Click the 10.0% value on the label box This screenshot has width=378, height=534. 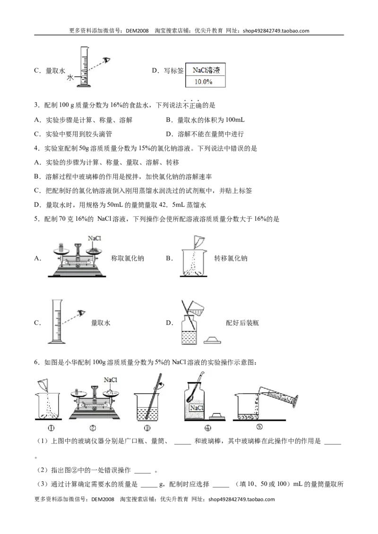[203, 82]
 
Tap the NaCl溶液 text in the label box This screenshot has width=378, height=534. [206, 70]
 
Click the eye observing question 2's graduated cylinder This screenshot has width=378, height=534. [107, 60]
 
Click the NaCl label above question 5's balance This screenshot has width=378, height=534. [94, 238]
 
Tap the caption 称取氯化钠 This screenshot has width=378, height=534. [128, 259]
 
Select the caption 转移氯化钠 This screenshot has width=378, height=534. [231, 259]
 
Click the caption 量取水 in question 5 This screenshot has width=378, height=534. [101, 323]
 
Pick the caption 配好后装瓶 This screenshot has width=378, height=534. [242, 323]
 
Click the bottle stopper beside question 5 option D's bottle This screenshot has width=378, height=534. [212, 340]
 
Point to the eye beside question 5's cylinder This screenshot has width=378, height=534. [81, 312]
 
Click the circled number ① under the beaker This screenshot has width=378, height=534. [51, 428]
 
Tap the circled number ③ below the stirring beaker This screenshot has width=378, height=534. [147, 428]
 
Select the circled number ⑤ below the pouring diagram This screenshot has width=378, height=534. [259, 427]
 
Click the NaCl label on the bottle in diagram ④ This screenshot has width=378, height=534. [197, 408]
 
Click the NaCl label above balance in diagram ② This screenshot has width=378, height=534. [111, 380]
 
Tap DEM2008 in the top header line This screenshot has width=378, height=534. [137, 31]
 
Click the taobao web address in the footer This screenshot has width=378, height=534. [241, 499]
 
